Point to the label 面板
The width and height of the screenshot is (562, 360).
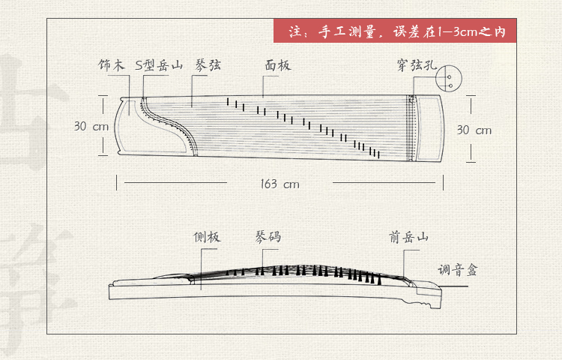point(277,66)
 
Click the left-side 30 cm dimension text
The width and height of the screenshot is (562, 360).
point(91,127)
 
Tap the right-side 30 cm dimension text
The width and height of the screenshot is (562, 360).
point(474,130)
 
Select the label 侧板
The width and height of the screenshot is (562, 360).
point(207,238)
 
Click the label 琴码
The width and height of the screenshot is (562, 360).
point(268,238)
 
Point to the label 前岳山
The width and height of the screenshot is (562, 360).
point(408,238)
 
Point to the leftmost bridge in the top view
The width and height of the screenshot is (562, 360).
point(226,100)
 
